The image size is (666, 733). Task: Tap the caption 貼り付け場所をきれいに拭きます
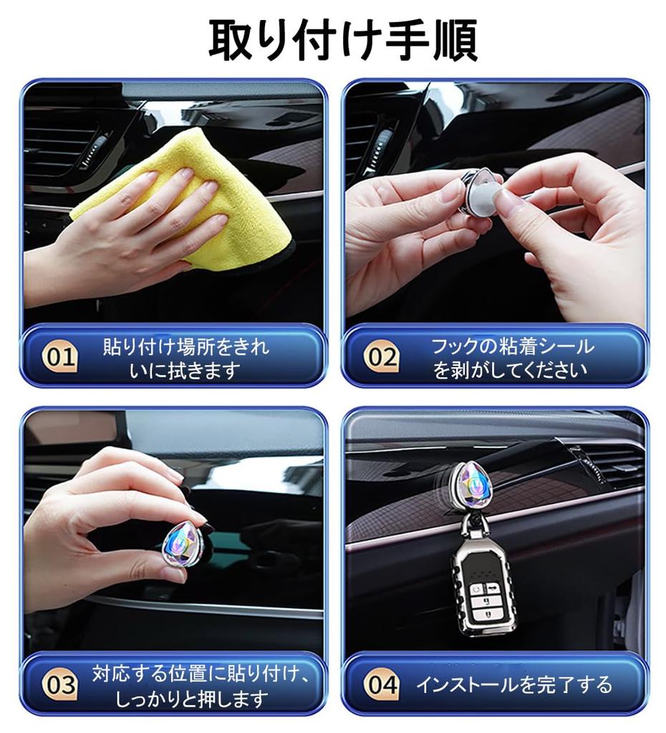[186, 358]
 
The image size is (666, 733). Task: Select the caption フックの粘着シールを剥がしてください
[511, 358]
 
